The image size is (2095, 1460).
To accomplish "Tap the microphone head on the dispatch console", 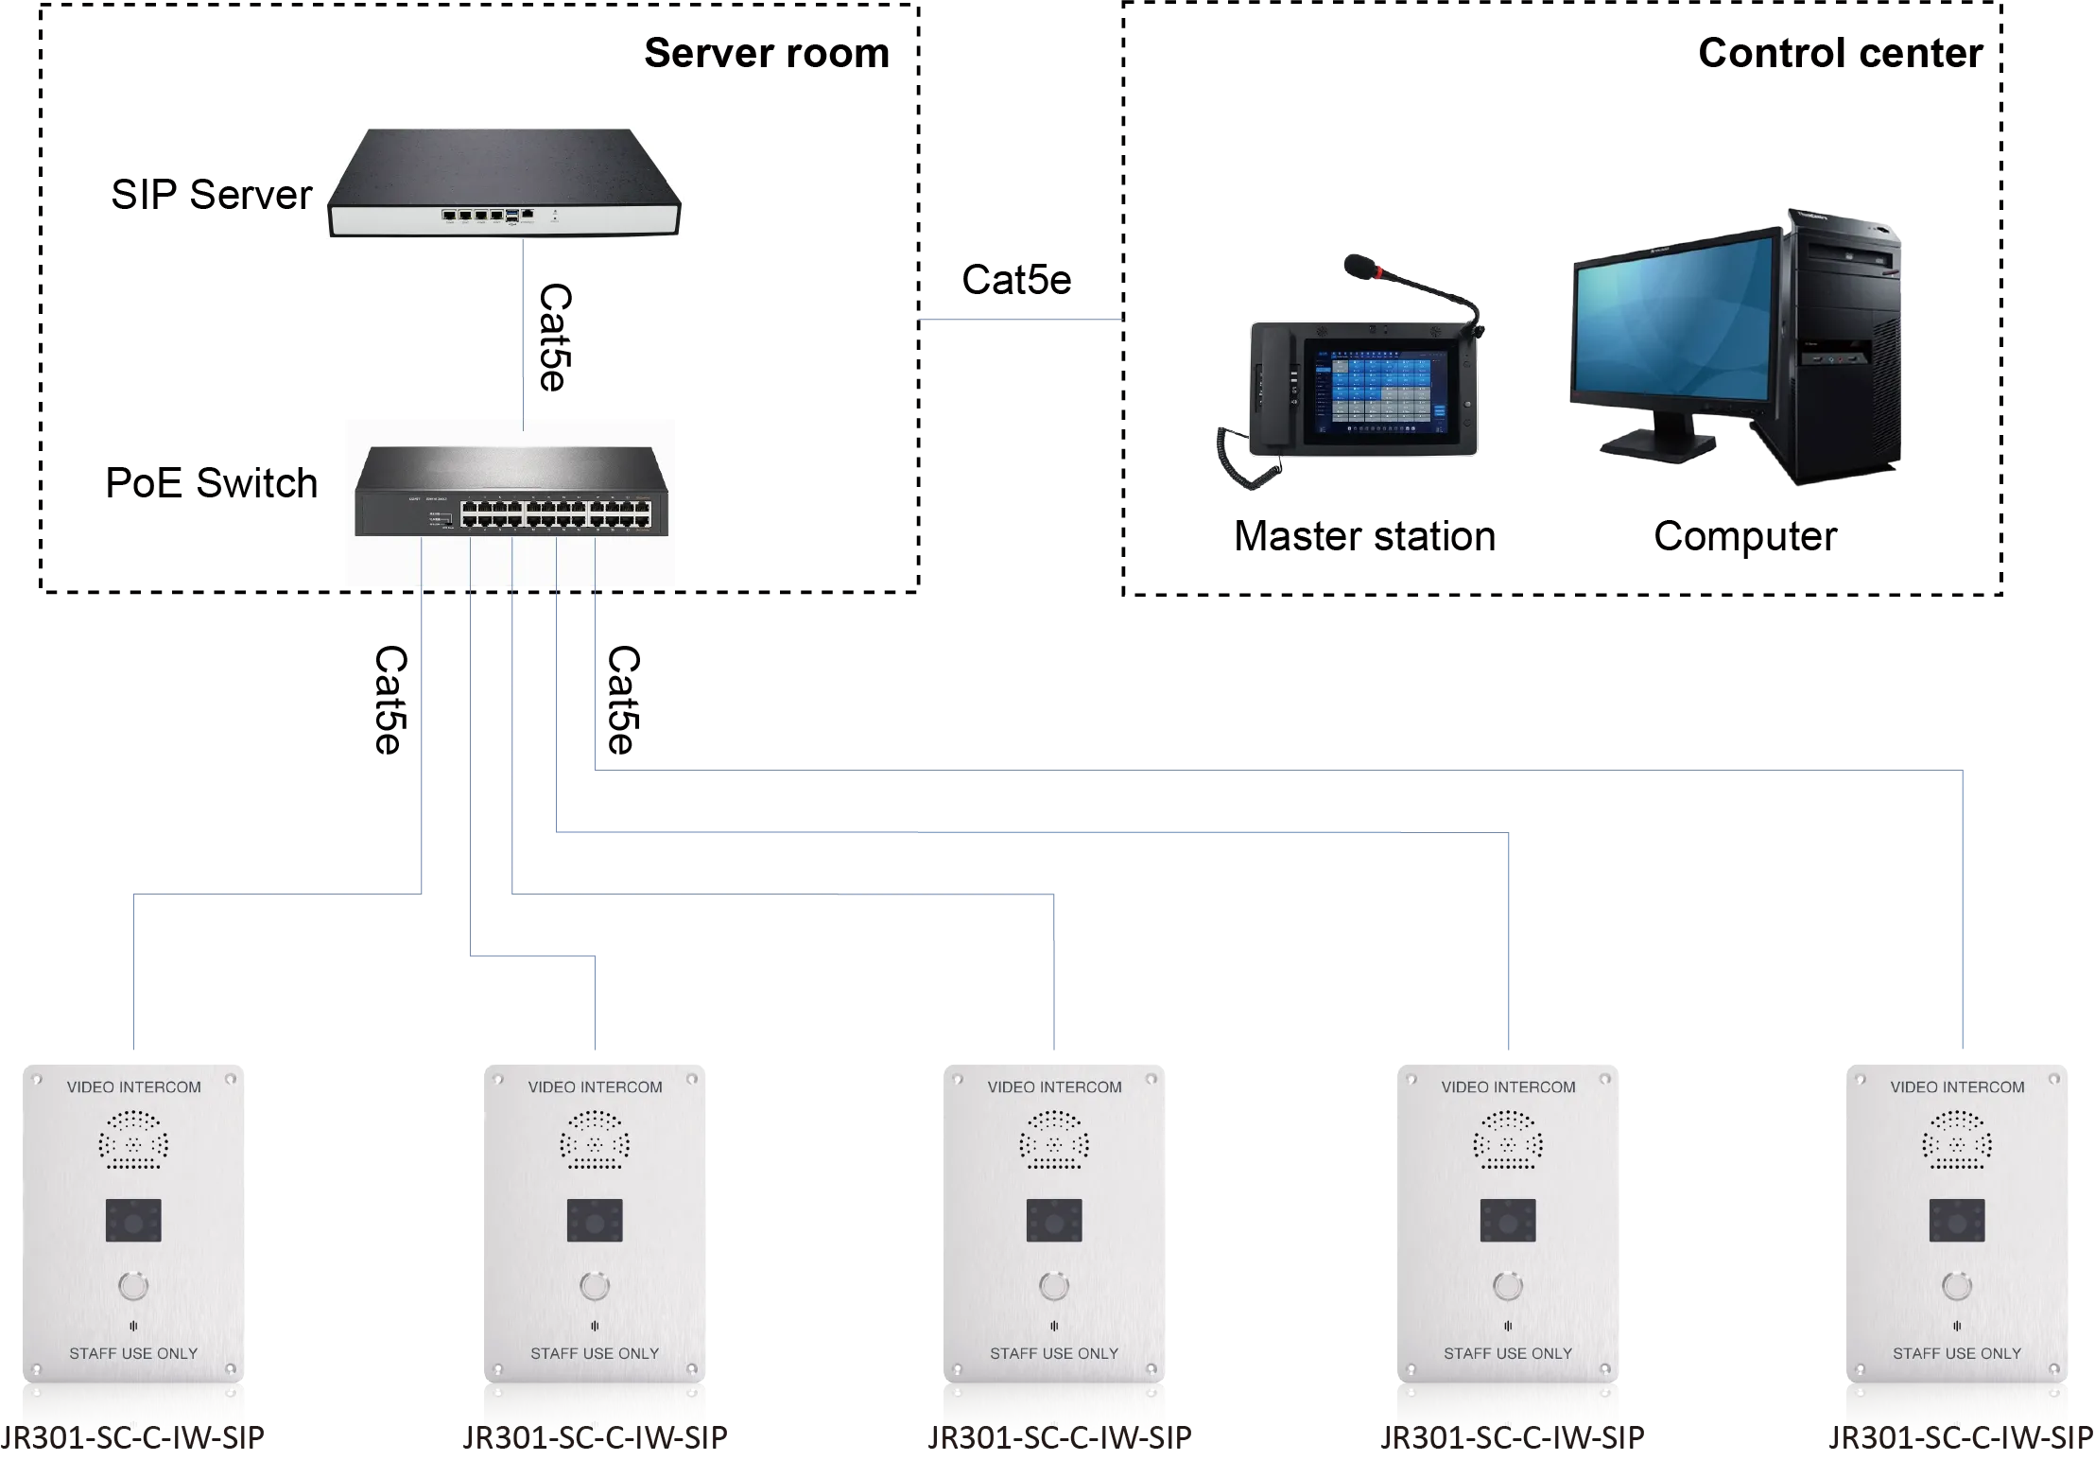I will [1359, 265].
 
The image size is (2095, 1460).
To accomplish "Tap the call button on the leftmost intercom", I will [133, 1286].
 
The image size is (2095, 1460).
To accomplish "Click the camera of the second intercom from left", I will [595, 1221].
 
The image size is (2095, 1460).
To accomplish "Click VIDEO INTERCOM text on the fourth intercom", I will [1508, 1087].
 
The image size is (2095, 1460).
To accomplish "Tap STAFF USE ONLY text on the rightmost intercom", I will [1957, 1353].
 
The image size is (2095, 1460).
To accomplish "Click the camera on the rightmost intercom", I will [1957, 1221].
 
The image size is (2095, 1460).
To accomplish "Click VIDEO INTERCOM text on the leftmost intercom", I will [133, 1087].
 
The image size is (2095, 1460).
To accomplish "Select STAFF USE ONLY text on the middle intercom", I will [1054, 1353].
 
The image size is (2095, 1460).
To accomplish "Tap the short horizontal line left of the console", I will [1021, 322].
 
